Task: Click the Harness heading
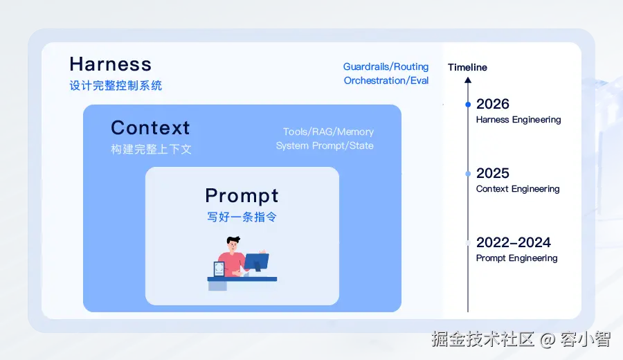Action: (x=111, y=64)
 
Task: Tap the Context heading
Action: (x=150, y=128)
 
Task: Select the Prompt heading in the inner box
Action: (x=242, y=196)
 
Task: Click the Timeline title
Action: (x=467, y=67)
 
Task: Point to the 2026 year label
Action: (x=493, y=104)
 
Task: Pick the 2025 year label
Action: (x=493, y=173)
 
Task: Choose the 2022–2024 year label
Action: (x=514, y=242)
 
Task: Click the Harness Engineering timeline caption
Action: (x=518, y=120)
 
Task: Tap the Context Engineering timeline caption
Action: (x=518, y=189)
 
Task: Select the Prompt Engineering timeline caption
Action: (x=516, y=258)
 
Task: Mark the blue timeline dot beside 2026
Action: (x=468, y=105)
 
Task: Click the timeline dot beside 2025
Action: (x=468, y=174)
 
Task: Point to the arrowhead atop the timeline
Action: (x=468, y=80)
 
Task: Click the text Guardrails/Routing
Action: (x=386, y=66)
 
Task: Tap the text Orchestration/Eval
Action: (x=386, y=80)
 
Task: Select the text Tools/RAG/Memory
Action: (x=328, y=132)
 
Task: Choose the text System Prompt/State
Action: (x=325, y=145)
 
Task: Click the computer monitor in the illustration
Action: (x=256, y=262)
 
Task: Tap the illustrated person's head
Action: (x=233, y=243)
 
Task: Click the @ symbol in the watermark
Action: (x=548, y=340)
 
